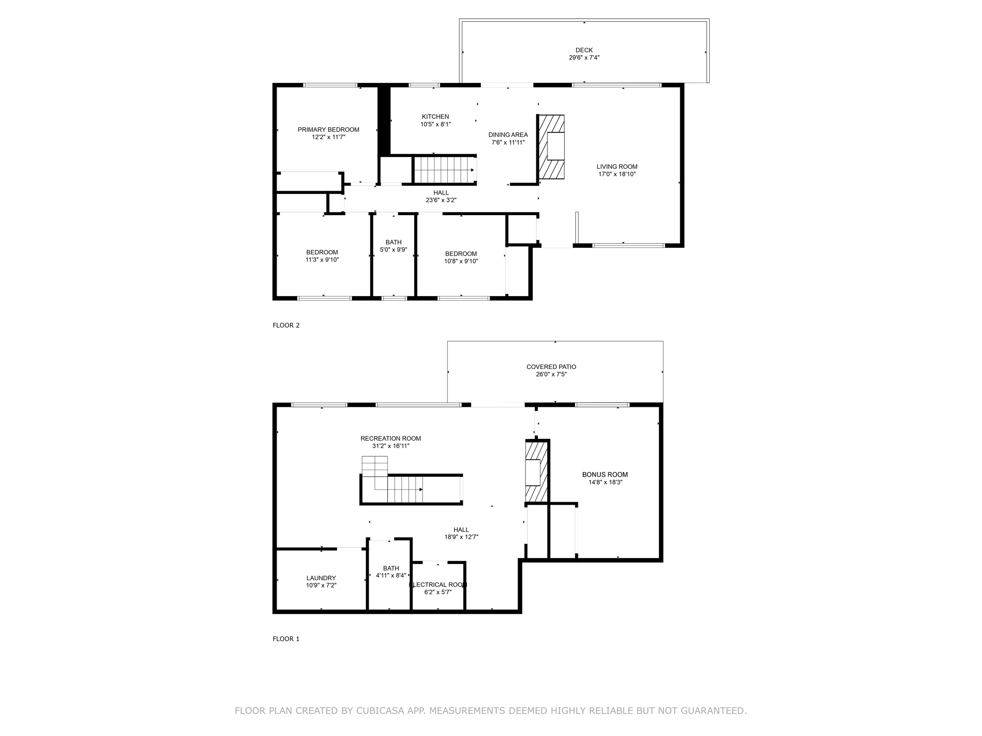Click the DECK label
[x=584, y=50]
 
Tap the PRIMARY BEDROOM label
[x=328, y=129]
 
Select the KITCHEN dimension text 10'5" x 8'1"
[x=435, y=124]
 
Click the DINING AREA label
[x=508, y=135]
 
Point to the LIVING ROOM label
[x=617, y=167]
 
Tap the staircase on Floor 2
[x=444, y=170]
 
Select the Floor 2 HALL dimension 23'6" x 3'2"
[x=441, y=200]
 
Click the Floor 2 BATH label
[x=393, y=242]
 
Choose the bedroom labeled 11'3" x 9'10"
[x=322, y=256]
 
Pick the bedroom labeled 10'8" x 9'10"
[x=461, y=257]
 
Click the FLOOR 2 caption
[x=286, y=325]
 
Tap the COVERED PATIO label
[x=551, y=367]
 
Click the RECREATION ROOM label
[x=390, y=438]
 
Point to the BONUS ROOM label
[x=605, y=474]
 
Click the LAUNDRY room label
[x=321, y=578]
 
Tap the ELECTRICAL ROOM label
[x=438, y=585]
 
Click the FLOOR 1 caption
[x=286, y=639]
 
